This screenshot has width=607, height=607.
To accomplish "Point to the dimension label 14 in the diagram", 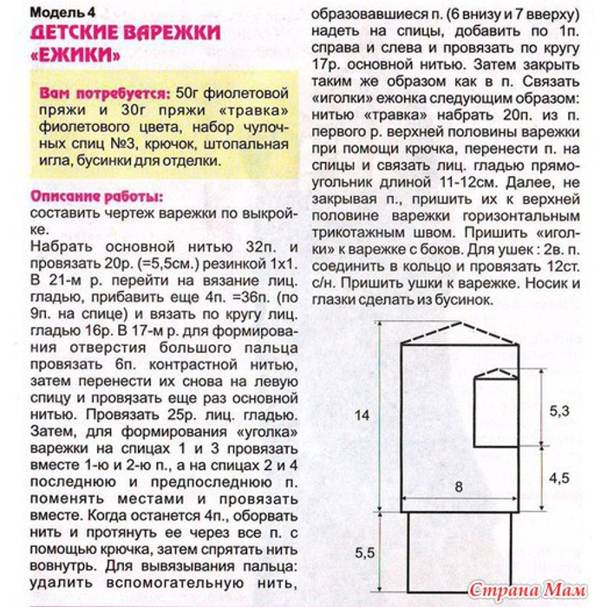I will coord(362,415).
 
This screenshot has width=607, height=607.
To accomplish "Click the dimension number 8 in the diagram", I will coord(458,486).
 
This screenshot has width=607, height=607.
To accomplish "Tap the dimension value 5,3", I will coord(560,408).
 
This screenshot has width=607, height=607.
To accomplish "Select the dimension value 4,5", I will coord(560,478).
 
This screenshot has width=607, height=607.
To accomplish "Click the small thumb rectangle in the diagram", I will coord(496,408).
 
